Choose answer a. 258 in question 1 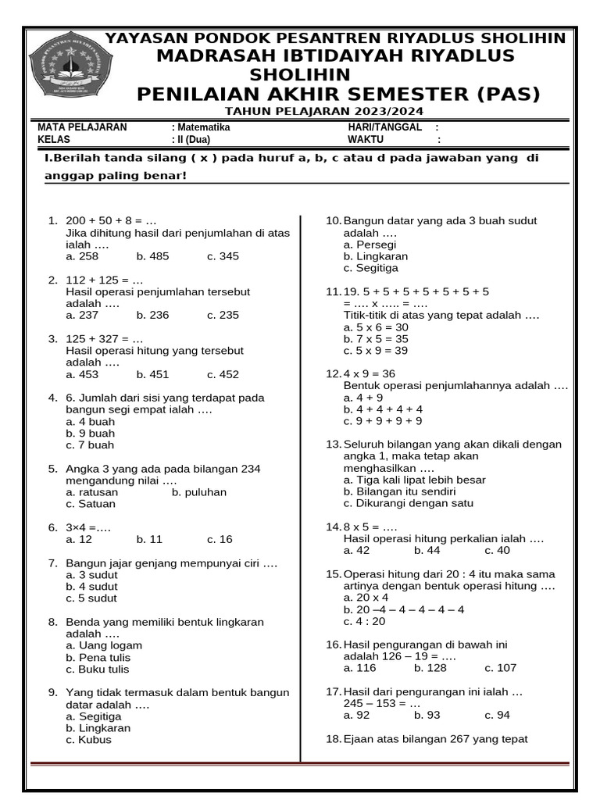tap(82, 256)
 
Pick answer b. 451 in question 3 tap(152, 374)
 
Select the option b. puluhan tap(199, 492)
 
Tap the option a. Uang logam tap(104, 645)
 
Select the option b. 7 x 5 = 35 tap(376, 339)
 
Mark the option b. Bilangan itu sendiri tap(399, 492)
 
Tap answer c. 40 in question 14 tap(497, 551)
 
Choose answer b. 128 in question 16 tap(430, 668)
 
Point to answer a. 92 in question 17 tap(356, 715)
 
